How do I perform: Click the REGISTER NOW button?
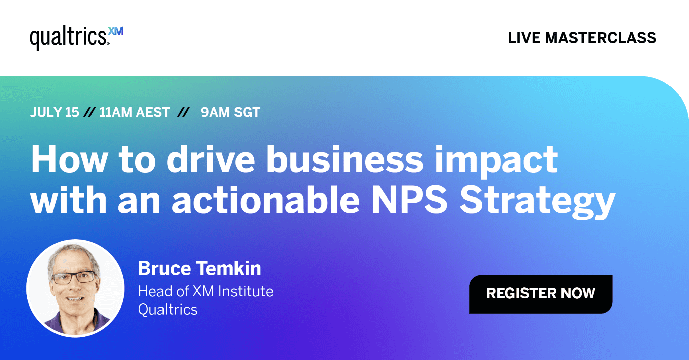click(541, 294)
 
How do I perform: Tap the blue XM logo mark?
click(116, 31)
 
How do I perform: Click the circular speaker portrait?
click(75, 288)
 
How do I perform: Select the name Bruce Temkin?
click(200, 268)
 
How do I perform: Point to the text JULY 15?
click(55, 112)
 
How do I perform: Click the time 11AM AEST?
click(135, 112)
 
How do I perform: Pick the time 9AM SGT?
click(230, 112)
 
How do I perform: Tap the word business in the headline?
click(344, 159)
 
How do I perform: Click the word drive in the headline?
click(211, 159)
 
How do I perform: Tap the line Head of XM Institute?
click(206, 291)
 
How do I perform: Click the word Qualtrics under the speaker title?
click(168, 310)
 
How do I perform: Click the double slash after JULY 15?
click(89, 112)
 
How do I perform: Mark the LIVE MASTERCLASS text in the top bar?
click(582, 38)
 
